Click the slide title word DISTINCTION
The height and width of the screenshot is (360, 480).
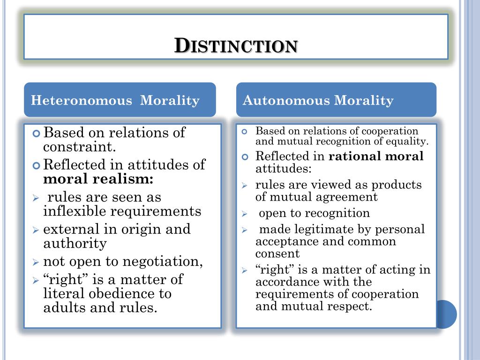(x=236, y=46)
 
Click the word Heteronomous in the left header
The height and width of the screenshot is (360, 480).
(x=82, y=100)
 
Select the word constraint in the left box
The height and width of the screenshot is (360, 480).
(x=79, y=147)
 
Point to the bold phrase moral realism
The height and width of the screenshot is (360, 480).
(x=98, y=179)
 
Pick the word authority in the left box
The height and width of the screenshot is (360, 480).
(x=75, y=244)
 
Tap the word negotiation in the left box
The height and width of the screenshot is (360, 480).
(x=163, y=262)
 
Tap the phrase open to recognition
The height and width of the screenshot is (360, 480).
(x=314, y=213)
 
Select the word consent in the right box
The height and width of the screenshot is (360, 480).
(x=277, y=254)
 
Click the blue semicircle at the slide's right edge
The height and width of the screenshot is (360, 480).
(x=446, y=315)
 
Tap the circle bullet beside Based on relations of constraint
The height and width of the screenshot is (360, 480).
(x=36, y=134)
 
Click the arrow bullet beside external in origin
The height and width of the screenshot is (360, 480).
(x=36, y=230)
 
